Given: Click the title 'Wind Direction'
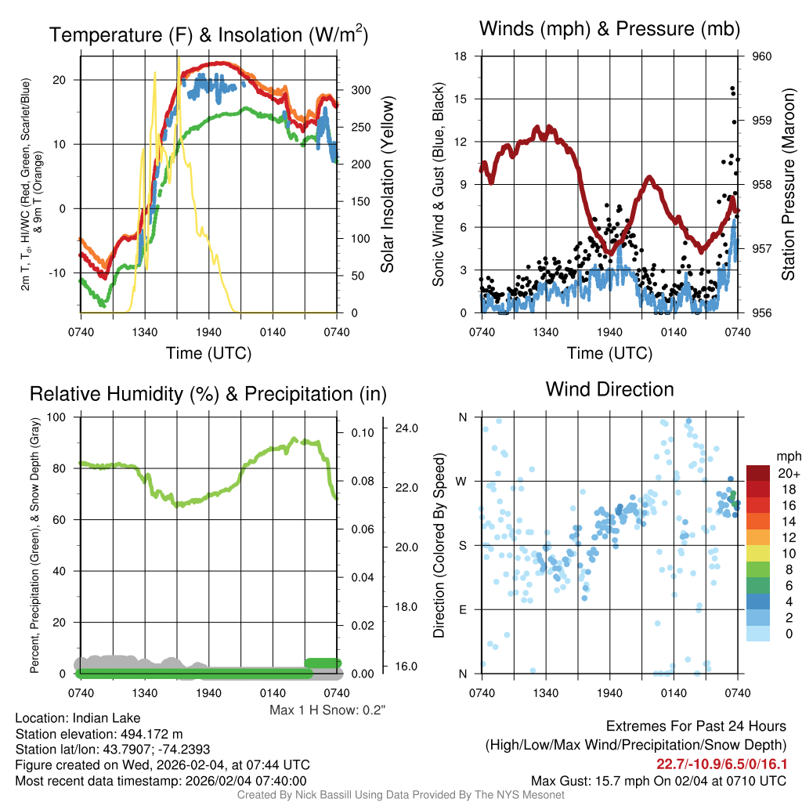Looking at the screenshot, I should [x=609, y=389].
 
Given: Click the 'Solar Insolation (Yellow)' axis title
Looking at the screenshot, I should [x=388, y=185].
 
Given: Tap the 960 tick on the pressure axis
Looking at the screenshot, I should [x=762, y=56].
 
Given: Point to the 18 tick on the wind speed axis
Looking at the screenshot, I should [x=461, y=56].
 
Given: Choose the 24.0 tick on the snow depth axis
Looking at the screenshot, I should [x=406, y=428].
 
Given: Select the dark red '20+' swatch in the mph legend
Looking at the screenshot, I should [x=759, y=473].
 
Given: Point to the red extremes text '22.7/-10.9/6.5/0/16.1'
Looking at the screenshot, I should [x=721, y=764].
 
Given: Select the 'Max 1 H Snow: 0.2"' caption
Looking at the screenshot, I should [x=327, y=710].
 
